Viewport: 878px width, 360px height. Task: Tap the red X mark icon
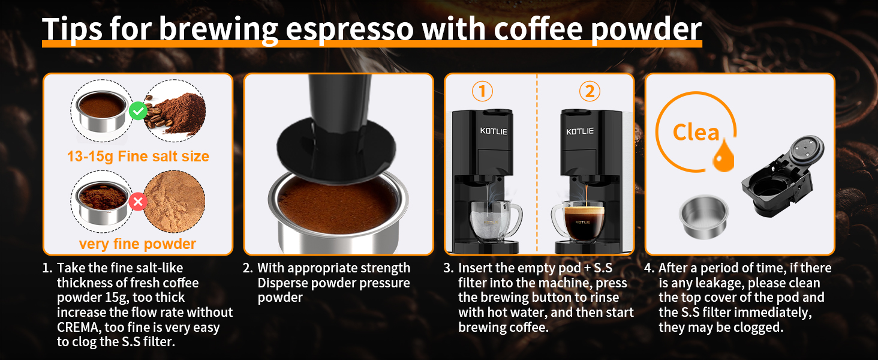(138, 202)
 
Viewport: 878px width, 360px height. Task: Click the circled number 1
(482, 91)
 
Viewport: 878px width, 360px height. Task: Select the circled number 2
(590, 91)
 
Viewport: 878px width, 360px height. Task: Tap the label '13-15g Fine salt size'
(138, 157)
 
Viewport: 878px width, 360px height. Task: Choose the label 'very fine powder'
(137, 244)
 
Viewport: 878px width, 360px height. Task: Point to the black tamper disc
(338, 148)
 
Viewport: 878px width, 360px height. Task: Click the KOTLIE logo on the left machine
(494, 131)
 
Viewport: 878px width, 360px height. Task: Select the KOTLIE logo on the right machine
(580, 131)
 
